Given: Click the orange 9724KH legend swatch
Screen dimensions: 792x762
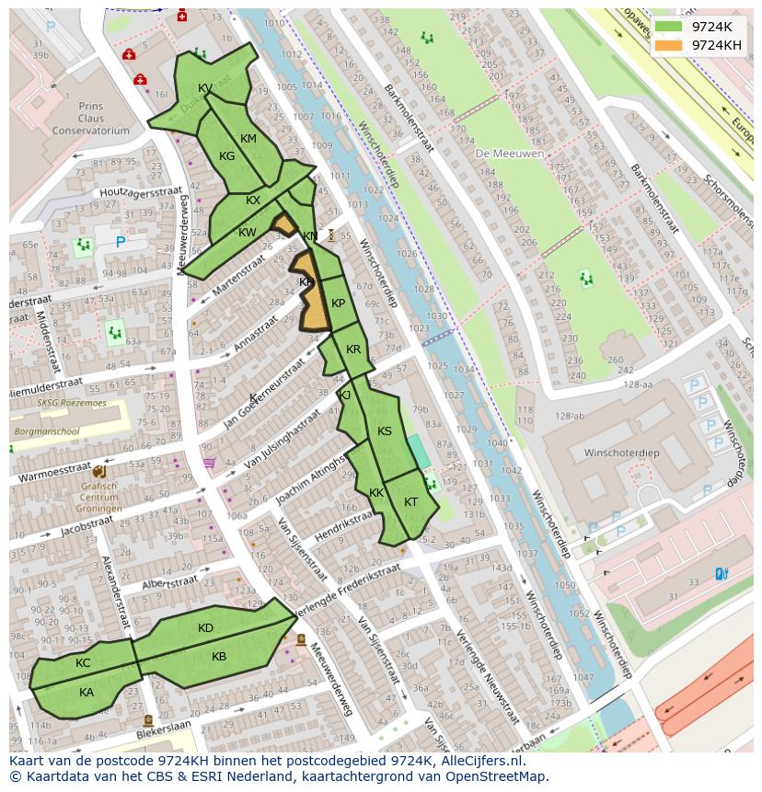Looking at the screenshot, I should (669, 45).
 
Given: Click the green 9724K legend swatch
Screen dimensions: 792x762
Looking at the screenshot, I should (669, 27).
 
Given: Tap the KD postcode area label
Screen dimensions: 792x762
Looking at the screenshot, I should (205, 628).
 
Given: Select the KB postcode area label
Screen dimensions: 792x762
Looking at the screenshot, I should (219, 657).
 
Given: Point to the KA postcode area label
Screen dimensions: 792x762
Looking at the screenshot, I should (87, 693).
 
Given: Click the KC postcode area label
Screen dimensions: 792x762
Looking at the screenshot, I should (83, 663).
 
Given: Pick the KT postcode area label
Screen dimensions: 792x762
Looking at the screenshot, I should (410, 502).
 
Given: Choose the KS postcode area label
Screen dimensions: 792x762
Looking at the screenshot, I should (385, 431).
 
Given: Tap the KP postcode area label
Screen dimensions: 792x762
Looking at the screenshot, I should (338, 304).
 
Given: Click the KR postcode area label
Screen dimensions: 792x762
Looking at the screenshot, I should (353, 350).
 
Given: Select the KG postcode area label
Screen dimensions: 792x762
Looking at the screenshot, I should (227, 156).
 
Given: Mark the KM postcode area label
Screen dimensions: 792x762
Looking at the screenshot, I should (248, 139).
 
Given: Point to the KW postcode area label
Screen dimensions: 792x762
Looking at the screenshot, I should (247, 233).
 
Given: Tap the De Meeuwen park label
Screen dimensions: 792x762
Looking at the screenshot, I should (510, 154).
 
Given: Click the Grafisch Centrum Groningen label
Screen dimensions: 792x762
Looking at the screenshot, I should (98, 497).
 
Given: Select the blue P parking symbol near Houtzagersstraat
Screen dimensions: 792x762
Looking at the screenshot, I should (120, 243).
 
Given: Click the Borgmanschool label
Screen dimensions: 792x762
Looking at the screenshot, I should (45, 430).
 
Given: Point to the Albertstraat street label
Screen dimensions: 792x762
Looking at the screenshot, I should (170, 582).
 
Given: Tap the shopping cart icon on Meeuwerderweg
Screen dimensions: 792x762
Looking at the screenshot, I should (209, 463).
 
